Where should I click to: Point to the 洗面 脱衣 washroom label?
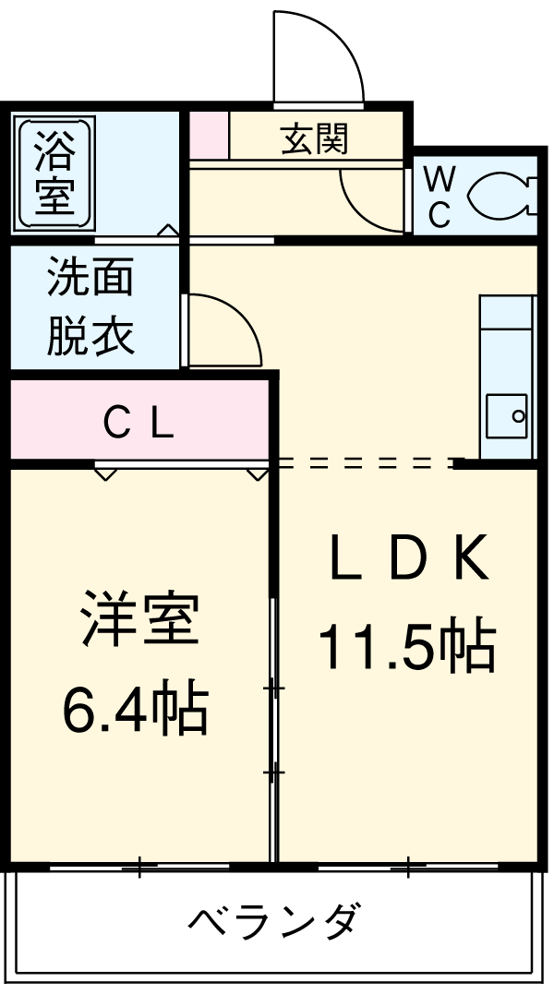[90, 307]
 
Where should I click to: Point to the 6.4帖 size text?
[135, 708]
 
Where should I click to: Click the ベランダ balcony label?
[274, 919]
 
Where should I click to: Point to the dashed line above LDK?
[365, 461]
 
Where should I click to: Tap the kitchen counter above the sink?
[506, 341]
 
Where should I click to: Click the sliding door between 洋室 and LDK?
[274, 729]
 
